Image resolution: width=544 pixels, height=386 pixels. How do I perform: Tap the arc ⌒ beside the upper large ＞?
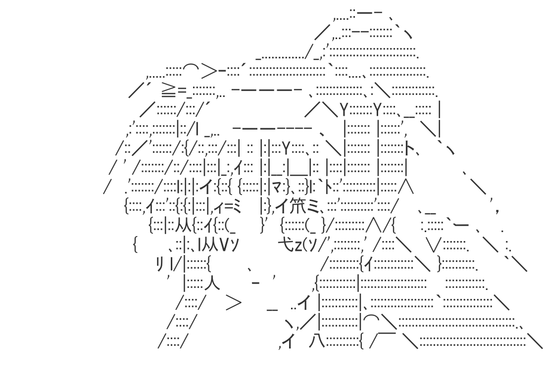[191, 68]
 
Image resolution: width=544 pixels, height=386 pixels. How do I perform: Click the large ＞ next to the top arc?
[209, 71]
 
